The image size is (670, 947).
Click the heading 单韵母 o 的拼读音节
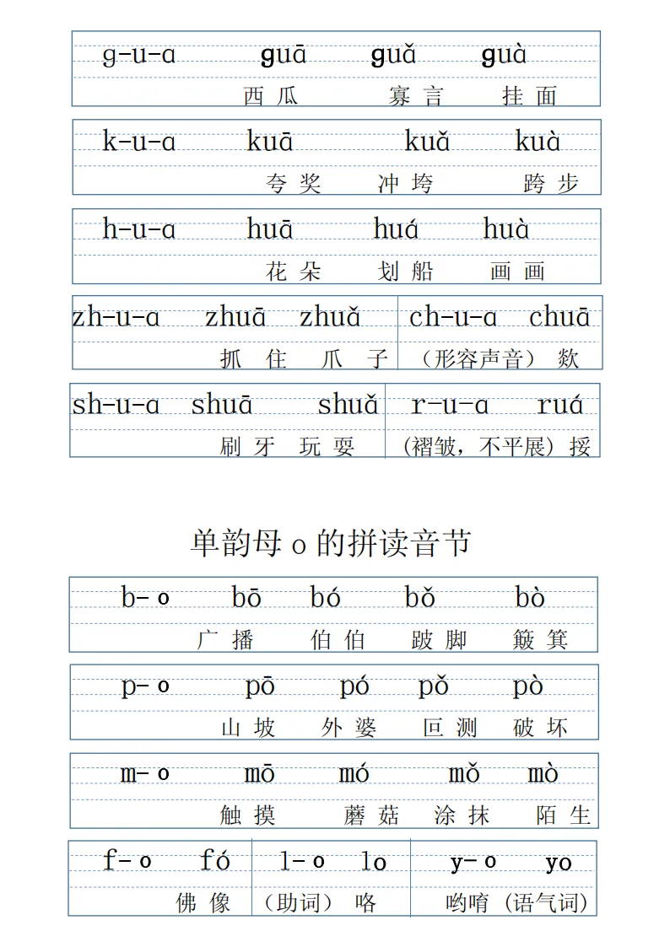[330, 544]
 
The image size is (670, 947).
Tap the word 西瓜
[271, 96]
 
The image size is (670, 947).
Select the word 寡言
[415, 96]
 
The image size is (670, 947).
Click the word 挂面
[529, 96]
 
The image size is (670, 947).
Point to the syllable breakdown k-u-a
[139, 142]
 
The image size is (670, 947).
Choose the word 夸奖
[294, 184]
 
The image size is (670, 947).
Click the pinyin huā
[270, 229]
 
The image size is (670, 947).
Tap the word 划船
[406, 272]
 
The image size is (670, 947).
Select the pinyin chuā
[559, 318]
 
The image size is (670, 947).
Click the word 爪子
[354, 359]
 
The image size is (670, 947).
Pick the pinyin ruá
[560, 406]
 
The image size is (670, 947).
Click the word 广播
[225, 640]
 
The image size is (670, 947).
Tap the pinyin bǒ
[419, 598]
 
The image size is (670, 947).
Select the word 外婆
[349, 728]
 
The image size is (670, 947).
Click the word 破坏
[540, 728]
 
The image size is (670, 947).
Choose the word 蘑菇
[371, 815]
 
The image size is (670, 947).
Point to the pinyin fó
[215, 861]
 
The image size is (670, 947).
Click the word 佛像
[203, 903]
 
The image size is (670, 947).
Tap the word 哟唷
[467, 903]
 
